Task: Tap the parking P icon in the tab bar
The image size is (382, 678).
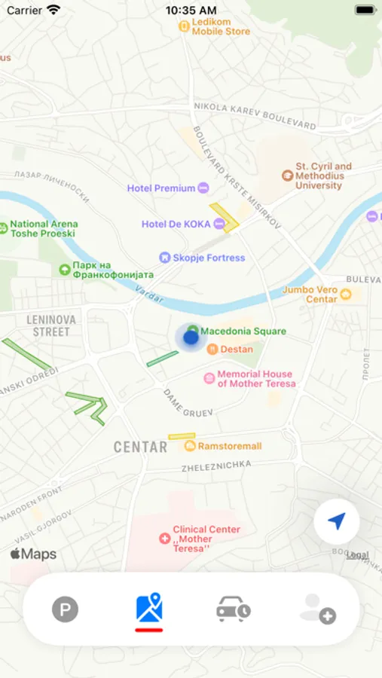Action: [x=65, y=609]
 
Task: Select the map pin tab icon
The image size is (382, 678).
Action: [x=149, y=608]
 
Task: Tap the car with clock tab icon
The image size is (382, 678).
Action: [x=234, y=609]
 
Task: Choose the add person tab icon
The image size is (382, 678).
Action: [x=317, y=609]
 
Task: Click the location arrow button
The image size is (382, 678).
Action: [x=336, y=521]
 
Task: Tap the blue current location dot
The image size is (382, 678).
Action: [x=191, y=337]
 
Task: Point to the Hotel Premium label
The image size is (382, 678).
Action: [x=161, y=188]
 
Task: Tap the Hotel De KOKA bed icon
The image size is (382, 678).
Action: [x=219, y=224]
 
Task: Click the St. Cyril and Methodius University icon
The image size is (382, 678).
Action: [x=287, y=176]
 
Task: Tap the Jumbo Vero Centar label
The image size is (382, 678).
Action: [x=310, y=295]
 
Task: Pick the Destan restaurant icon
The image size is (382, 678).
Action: [x=212, y=349]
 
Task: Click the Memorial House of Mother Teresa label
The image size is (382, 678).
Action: [x=256, y=379]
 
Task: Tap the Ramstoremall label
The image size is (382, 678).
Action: [x=230, y=446]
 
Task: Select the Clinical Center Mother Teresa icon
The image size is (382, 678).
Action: [x=165, y=539]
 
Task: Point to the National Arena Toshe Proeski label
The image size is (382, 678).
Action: [x=43, y=228]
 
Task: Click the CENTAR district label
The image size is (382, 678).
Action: [x=140, y=447]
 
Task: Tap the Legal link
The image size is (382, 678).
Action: [x=357, y=555]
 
